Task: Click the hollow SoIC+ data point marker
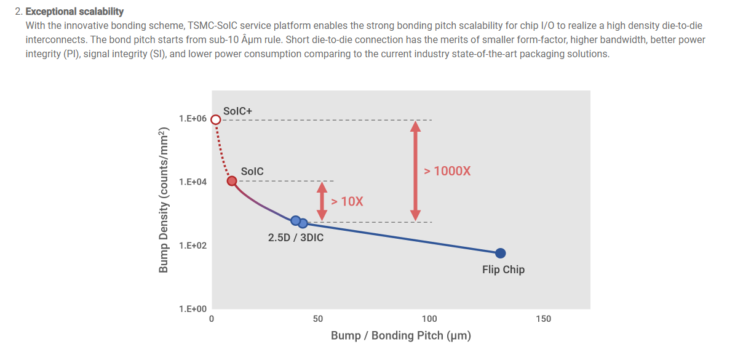click(215, 119)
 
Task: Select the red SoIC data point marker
click(232, 181)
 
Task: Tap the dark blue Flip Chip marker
click(501, 253)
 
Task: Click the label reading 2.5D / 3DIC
click(295, 238)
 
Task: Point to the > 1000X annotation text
click(447, 171)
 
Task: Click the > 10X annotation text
click(347, 201)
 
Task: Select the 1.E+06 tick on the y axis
click(193, 119)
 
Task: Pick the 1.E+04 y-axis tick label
click(193, 182)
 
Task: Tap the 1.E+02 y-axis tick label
click(193, 246)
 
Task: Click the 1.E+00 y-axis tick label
click(193, 309)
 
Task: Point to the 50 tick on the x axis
click(318, 319)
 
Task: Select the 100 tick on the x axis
click(429, 319)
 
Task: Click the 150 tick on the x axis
click(543, 319)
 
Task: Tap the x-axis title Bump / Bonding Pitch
click(401, 336)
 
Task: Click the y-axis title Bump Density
click(164, 201)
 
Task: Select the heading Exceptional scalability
click(74, 12)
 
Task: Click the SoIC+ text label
click(237, 111)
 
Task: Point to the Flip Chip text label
click(503, 270)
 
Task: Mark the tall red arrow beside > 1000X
click(416, 170)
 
